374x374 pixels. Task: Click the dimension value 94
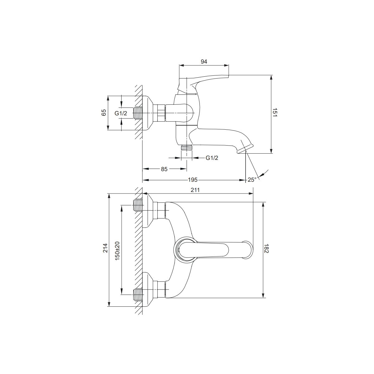pyautogui.click(x=204, y=61)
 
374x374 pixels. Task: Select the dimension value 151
pyautogui.click(x=275, y=113)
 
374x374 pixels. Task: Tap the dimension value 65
pyautogui.click(x=104, y=113)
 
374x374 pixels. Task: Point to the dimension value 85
pyautogui.click(x=164, y=169)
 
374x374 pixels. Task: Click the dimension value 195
pyautogui.click(x=193, y=180)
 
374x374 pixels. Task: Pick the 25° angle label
pyautogui.click(x=252, y=180)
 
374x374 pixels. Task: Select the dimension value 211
pyautogui.click(x=195, y=190)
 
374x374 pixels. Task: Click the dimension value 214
pyautogui.click(x=105, y=248)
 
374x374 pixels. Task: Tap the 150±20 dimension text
pyautogui.click(x=117, y=251)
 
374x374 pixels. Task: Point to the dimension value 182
pyautogui.click(x=266, y=248)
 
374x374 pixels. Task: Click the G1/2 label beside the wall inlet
pyautogui.click(x=121, y=113)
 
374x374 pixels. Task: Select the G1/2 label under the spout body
pyautogui.click(x=212, y=158)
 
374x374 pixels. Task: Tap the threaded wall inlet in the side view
pyautogui.click(x=138, y=113)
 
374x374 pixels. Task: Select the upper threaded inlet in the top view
pyautogui.click(x=138, y=205)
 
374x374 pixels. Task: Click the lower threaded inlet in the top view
pyautogui.click(x=138, y=295)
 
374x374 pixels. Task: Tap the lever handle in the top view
pyautogui.click(x=214, y=250)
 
